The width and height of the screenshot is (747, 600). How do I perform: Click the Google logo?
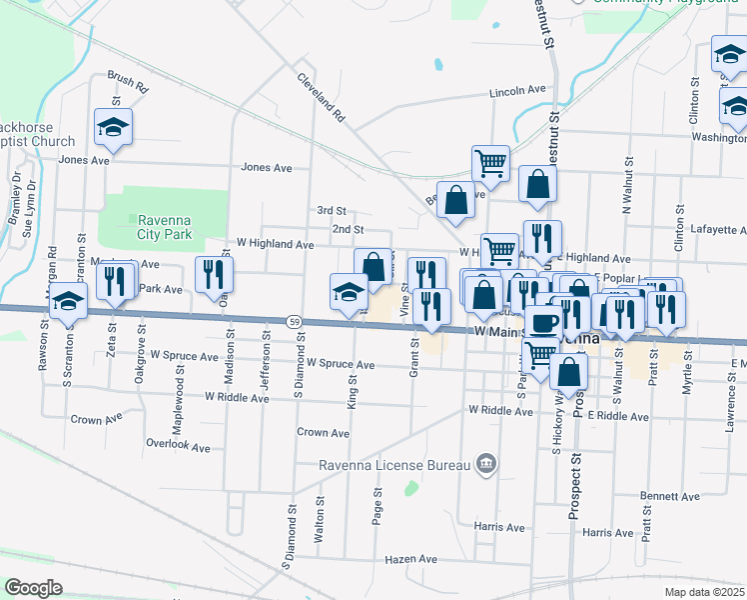[33, 587]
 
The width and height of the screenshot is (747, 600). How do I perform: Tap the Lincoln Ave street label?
[517, 91]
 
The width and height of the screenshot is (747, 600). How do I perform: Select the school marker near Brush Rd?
[114, 128]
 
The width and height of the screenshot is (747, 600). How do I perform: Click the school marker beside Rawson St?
[68, 301]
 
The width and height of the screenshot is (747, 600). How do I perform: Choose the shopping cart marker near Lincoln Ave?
[490, 163]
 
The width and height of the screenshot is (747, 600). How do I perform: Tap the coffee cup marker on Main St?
[544, 322]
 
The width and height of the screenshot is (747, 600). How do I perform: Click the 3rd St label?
[332, 211]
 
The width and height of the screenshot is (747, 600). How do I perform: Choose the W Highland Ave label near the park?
[275, 244]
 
